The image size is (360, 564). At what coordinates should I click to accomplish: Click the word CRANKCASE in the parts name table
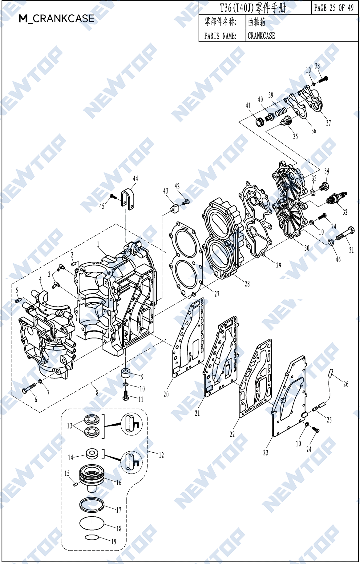tap(261, 36)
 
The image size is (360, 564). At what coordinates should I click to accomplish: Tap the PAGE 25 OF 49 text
tap(334, 8)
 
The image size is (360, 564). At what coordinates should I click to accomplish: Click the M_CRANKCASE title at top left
tap(56, 18)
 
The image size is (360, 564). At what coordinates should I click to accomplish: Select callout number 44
tap(135, 178)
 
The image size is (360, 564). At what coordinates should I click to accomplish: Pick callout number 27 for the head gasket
tap(217, 294)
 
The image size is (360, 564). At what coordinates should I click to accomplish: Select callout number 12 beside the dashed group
tap(161, 455)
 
